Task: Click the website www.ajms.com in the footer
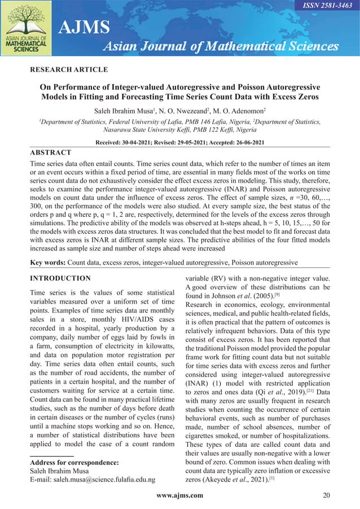(180, 495)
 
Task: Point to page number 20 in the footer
(326, 495)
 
